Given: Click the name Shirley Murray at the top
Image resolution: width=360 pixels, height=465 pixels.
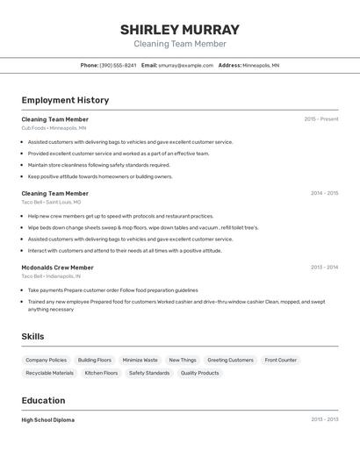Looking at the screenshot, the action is pyautogui.click(x=179, y=30).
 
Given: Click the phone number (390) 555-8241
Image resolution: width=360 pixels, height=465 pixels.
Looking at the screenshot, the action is pyautogui.click(x=118, y=65).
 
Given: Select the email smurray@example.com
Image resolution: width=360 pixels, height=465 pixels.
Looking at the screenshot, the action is pyautogui.click(x=185, y=65).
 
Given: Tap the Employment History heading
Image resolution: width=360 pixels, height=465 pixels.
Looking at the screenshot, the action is pyautogui.click(x=65, y=100).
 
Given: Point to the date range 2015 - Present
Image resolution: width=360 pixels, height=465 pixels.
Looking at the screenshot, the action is pyautogui.click(x=320, y=119).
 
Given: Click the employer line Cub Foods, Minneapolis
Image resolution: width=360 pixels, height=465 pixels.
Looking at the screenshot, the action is pyautogui.click(x=54, y=128).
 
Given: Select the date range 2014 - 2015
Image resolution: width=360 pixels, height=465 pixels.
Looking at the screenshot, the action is pyautogui.click(x=324, y=193).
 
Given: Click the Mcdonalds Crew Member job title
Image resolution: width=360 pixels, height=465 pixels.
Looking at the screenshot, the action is pyautogui.click(x=57, y=268).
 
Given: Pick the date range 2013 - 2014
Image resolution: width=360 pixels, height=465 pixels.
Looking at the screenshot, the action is pyautogui.click(x=324, y=268).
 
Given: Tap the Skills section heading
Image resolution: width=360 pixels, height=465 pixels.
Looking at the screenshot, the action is pyautogui.click(x=32, y=336).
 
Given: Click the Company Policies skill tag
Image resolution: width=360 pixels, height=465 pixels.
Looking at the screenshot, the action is pyautogui.click(x=46, y=360).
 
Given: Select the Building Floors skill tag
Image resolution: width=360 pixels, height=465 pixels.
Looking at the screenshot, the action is pyautogui.click(x=95, y=360).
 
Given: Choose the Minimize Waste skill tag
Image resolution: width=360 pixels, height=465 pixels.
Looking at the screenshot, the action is pyautogui.click(x=140, y=360).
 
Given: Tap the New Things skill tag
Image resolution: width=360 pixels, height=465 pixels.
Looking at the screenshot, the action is pyautogui.click(x=183, y=360).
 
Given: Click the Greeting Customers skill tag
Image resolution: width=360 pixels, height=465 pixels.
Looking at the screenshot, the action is pyautogui.click(x=230, y=360).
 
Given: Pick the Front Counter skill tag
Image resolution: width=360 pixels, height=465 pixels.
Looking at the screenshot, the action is pyautogui.click(x=281, y=360).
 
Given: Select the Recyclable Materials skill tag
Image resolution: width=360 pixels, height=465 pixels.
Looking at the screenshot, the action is pyautogui.click(x=49, y=373).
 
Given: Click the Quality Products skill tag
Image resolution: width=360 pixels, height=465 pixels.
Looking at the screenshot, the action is pyautogui.click(x=200, y=373).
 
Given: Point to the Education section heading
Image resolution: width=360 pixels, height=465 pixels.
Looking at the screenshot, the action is pyautogui.click(x=43, y=400).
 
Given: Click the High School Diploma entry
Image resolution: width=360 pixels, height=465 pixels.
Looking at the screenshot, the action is pyautogui.click(x=47, y=420).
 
